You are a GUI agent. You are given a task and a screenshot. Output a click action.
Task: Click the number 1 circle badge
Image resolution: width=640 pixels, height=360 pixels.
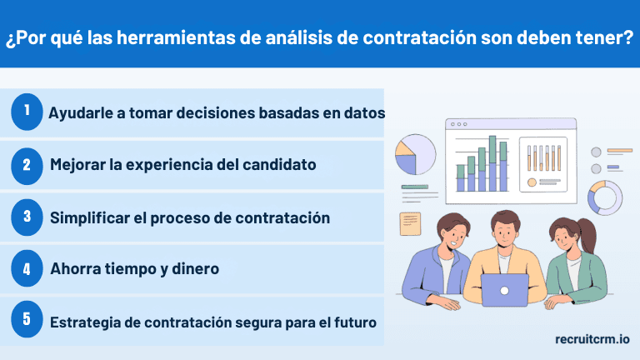(27, 112)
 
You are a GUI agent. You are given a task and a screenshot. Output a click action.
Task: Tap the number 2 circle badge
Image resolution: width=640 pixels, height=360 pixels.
(27, 164)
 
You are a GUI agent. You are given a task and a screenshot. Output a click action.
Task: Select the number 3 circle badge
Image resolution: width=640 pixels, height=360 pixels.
(27, 217)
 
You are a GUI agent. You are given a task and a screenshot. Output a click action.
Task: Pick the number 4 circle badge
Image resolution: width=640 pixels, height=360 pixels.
(27, 268)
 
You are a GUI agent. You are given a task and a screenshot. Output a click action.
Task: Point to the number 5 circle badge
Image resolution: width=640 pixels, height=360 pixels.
(27, 321)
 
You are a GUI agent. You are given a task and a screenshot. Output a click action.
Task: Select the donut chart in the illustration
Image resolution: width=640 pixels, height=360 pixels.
(604, 197)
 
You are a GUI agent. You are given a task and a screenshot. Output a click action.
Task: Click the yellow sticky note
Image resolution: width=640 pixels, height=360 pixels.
(410, 223)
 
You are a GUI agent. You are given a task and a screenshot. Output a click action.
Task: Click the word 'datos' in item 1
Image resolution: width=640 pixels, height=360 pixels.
(364, 112)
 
